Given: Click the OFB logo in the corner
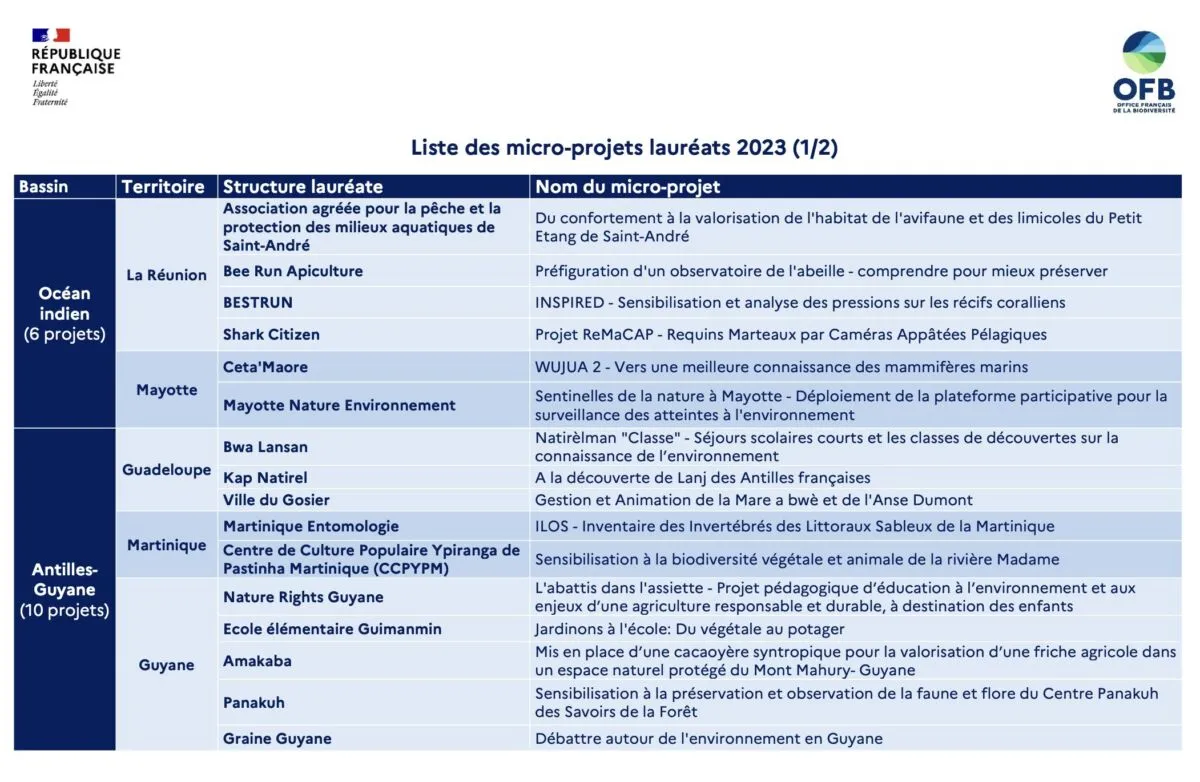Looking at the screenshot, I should click(1144, 72).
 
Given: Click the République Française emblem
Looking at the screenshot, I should click(75, 67).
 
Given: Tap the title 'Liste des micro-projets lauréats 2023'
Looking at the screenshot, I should click(624, 148).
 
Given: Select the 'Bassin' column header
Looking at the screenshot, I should click(44, 187).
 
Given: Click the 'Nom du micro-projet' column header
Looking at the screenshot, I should click(628, 187).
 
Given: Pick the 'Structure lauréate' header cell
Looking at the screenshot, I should click(303, 187).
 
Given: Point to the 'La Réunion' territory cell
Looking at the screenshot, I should click(166, 275).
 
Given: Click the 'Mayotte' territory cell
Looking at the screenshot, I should click(166, 390).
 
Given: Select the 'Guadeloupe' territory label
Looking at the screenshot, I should click(166, 470).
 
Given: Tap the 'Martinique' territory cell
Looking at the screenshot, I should click(166, 546).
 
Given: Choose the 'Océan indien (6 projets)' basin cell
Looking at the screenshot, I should click(65, 314).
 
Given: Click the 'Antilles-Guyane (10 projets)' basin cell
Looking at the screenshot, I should click(65, 589).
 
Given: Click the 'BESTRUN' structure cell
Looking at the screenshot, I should click(258, 302).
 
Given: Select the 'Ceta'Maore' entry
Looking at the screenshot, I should click(265, 367).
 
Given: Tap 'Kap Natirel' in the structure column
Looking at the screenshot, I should click(265, 478).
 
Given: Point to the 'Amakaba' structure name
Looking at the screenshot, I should click(257, 661).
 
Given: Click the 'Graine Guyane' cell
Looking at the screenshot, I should click(277, 739).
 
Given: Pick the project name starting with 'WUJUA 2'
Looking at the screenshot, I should click(781, 367).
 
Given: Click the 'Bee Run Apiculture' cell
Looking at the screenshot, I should click(293, 271).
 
